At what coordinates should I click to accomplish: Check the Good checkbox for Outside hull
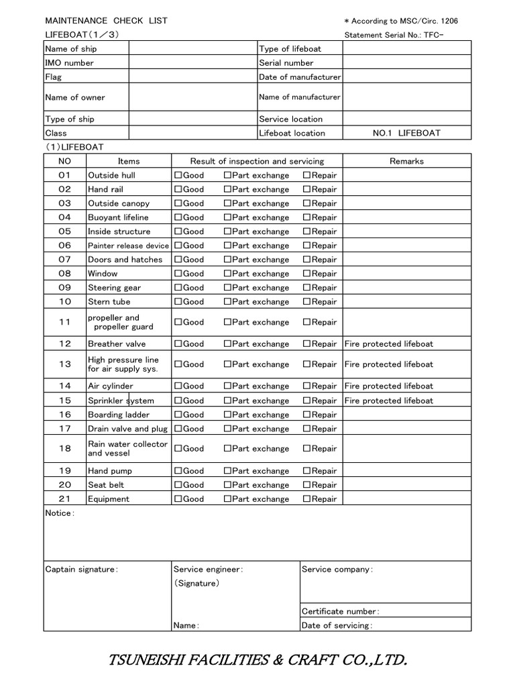tap(178, 175)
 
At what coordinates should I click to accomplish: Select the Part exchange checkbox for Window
tap(227, 274)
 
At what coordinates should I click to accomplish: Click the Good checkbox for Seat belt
tap(178, 485)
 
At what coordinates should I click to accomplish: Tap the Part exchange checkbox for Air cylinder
tap(227, 386)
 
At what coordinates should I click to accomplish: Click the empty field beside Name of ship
tap(192, 48)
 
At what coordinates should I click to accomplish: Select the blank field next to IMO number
tap(192, 62)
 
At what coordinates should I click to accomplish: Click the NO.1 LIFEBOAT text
tap(406, 133)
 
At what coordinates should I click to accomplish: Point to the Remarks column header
tap(406, 161)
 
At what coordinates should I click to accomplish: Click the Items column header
tap(129, 161)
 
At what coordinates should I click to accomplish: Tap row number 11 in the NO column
tap(64, 322)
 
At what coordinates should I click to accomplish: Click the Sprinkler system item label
tap(121, 401)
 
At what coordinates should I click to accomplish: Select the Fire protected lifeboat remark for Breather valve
tap(389, 344)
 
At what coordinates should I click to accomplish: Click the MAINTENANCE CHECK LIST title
tap(106, 21)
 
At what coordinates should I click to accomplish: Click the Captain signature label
tap(81, 570)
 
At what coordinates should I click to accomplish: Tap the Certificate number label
tap(340, 611)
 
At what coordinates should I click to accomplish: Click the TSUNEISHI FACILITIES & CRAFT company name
tap(257, 661)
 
